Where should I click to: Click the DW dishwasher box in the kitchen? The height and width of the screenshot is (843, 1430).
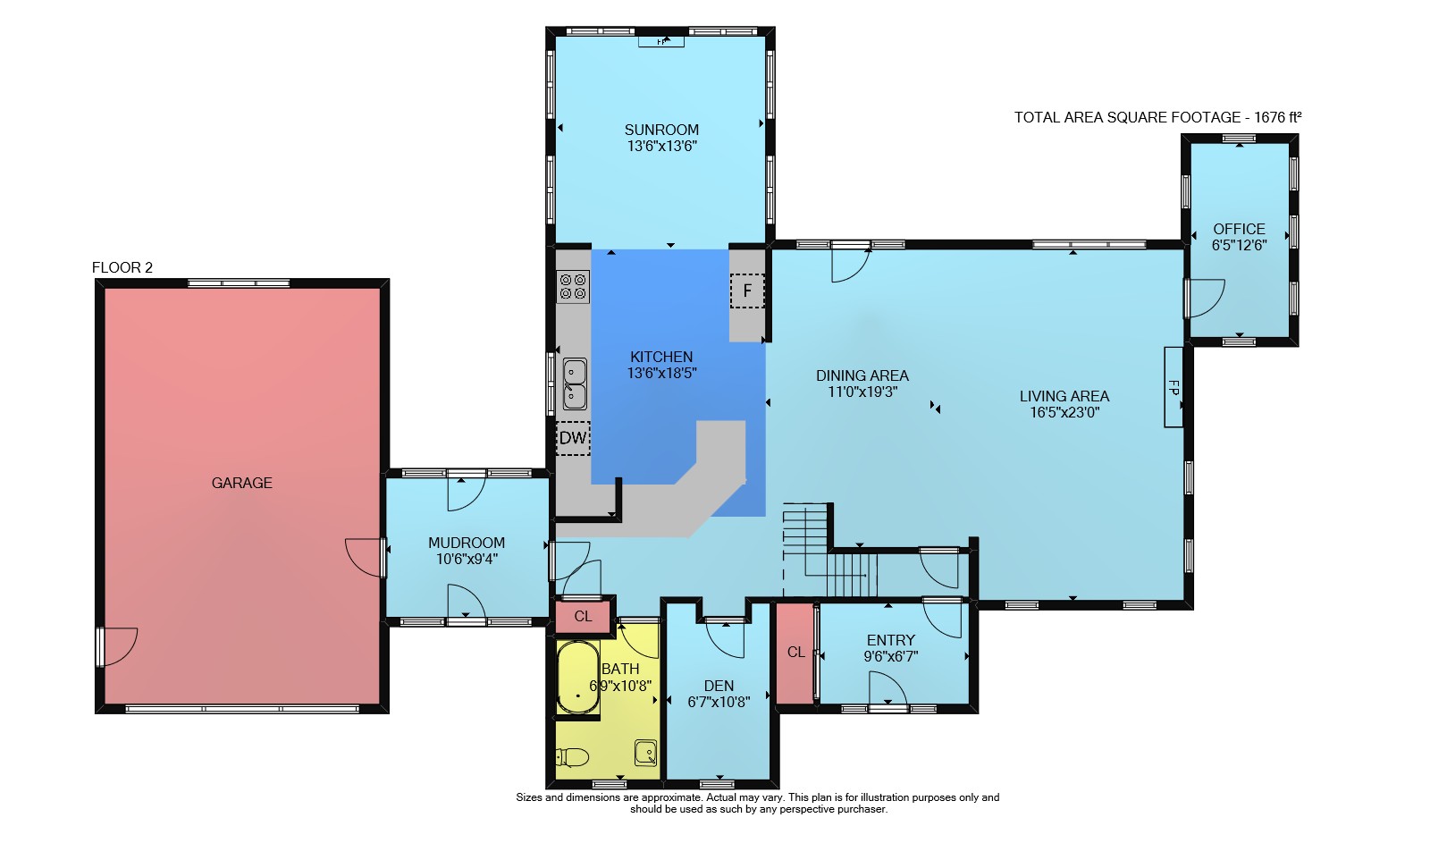573,438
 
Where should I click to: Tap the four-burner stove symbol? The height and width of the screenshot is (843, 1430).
573,286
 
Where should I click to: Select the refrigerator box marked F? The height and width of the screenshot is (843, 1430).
747,291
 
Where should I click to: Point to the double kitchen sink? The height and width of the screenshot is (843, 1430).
575,384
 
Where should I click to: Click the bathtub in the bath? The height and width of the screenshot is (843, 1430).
577,677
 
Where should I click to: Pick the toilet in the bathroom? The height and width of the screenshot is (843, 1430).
572,758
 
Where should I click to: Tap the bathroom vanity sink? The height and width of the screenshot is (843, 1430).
645,753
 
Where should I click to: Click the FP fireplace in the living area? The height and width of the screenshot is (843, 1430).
1173,387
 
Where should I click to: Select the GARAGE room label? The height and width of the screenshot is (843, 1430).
242,483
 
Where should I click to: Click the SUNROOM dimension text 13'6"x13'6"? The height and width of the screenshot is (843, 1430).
661,146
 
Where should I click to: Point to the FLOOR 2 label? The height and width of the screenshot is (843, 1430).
122,267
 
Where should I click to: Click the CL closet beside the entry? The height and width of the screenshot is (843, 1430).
795,652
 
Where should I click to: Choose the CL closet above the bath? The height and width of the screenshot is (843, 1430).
583,616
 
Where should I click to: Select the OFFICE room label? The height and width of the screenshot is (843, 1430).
1239,229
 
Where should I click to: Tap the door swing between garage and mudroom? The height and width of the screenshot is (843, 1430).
364,558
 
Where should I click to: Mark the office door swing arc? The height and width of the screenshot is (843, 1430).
1207,299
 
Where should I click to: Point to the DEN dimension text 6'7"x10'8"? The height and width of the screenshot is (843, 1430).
719,702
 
